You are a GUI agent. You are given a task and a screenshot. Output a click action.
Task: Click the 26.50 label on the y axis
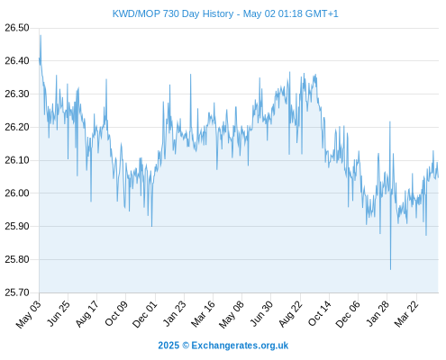17,28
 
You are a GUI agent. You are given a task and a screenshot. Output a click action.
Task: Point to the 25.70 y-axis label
17,292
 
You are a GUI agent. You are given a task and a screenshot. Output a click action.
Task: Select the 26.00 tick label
17,193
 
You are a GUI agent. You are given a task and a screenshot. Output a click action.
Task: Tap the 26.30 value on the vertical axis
17,94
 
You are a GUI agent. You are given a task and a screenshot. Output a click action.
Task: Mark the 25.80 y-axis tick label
17,259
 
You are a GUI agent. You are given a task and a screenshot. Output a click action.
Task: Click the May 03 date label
28,314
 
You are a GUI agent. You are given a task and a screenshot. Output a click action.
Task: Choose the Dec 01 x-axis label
145,314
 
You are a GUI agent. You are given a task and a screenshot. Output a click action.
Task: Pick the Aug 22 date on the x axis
290,314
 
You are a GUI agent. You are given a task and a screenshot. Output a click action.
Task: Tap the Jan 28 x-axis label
378,314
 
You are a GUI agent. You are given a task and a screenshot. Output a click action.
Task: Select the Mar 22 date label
406,314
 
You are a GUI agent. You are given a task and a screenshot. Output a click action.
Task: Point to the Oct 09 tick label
116,314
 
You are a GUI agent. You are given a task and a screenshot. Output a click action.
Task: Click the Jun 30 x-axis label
261,314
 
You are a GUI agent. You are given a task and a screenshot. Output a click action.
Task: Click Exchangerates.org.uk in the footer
240,346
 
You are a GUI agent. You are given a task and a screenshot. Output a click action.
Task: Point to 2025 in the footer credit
168,346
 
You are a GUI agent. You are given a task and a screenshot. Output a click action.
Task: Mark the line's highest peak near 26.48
41,35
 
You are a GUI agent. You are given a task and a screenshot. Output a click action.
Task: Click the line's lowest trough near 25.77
390,269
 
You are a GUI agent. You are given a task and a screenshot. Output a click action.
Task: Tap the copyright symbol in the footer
186,346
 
